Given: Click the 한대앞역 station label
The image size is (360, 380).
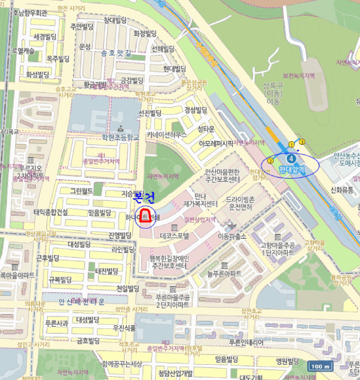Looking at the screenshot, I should (292, 169).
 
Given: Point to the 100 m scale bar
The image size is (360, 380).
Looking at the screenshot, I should (320, 367).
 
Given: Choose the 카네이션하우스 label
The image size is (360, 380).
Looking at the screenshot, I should (167, 134).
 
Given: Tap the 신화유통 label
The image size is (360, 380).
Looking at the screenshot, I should (342, 189).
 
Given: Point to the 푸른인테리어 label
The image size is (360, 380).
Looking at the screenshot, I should (246, 343).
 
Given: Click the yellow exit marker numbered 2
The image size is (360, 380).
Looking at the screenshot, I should (270, 161).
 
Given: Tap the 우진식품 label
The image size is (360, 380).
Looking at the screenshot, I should (124, 328).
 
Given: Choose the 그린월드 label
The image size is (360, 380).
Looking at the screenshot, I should (78, 191).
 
